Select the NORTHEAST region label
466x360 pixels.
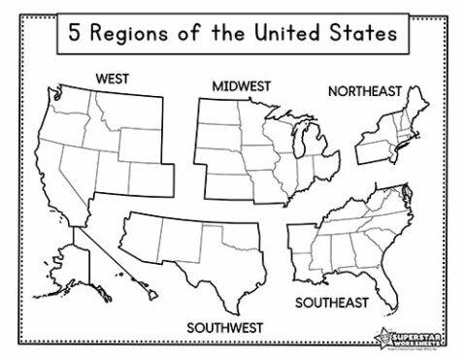pyautogui.click(x=365, y=92)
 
